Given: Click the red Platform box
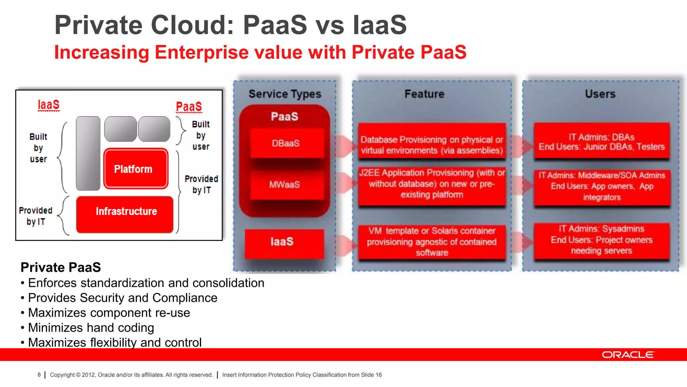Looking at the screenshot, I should tap(136, 169).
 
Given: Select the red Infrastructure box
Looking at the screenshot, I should tap(125, 214).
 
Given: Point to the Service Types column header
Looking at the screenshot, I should tap(285, 94).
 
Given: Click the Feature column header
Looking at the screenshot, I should tap(424, 94).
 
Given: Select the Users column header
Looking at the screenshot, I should tap(600, 94).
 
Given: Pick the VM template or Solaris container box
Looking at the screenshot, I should tap(432, 242).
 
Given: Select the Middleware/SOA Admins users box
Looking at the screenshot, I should tap(602, 187).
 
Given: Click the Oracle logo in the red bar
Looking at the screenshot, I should tap(628, 355).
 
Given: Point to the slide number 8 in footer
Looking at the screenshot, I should tap(39, 375).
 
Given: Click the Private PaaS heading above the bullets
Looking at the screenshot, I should tap(61, 267).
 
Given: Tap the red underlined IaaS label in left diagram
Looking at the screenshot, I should tap(48, 105).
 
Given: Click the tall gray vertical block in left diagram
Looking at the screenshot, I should tap(88, 153).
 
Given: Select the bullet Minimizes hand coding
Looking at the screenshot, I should tap(91, 328).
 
